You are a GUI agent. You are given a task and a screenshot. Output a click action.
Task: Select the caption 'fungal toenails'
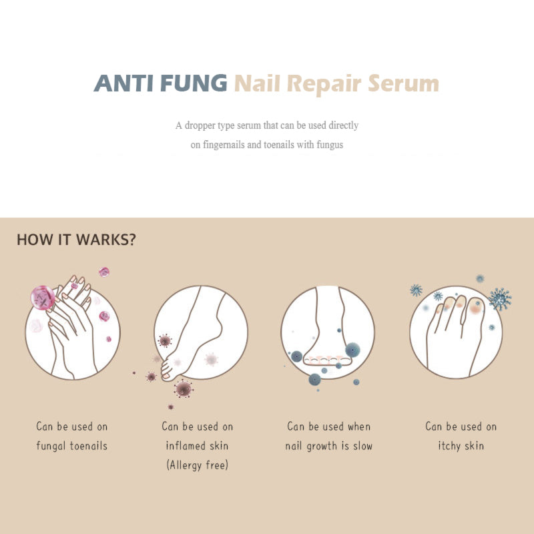71,445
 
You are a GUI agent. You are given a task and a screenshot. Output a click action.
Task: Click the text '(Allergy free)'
197,465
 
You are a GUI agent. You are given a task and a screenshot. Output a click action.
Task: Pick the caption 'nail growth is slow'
328,445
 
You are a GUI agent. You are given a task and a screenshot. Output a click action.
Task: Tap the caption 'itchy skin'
460,445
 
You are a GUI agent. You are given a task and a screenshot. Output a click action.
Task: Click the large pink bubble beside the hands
43,297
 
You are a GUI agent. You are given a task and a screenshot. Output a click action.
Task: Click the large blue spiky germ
499,298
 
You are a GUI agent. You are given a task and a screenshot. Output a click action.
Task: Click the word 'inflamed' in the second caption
190,445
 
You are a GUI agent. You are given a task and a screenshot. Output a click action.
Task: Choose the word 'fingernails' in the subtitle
222,144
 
